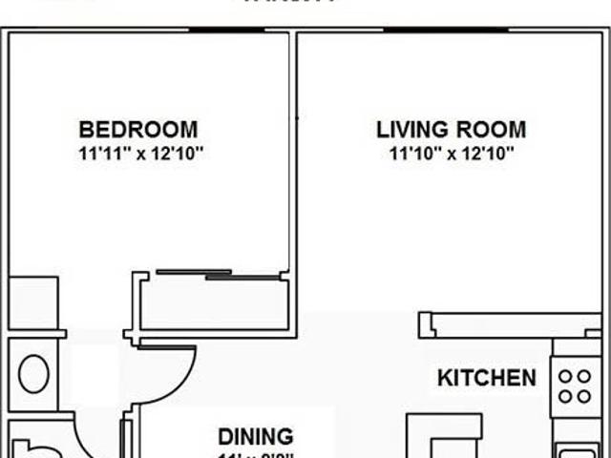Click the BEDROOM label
point(138,130)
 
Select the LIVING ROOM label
point(451,130)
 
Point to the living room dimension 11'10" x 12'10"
point(451,153)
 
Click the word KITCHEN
point(487,378)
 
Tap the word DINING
point(256,437)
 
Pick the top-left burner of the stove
point(566,376)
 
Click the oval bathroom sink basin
point(34,373)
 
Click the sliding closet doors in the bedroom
point(220,276)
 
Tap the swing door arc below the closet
point(172,372)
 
